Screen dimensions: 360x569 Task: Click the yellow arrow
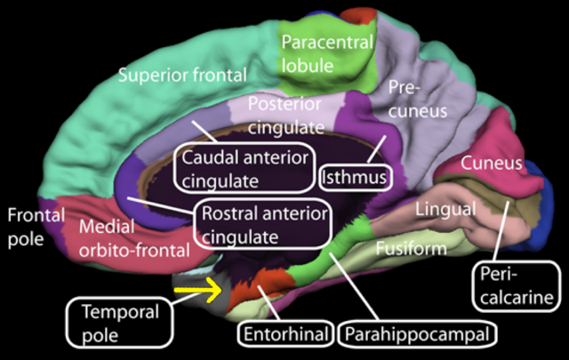click(196, 288)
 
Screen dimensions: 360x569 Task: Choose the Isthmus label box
click(356, 177)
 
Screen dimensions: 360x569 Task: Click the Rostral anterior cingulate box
click(261, 226)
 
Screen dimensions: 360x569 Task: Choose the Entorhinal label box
click(284, 335)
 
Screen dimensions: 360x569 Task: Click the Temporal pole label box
click(119, 321)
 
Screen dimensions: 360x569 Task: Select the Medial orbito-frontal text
click(133, 238)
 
